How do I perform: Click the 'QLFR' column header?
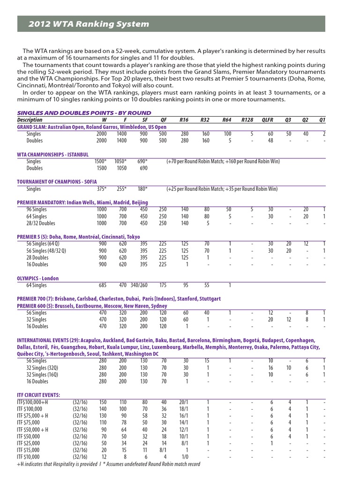267,120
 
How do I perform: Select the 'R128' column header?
247,120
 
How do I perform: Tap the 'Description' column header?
30,120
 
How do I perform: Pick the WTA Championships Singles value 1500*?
100,161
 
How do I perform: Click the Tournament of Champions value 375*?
100,189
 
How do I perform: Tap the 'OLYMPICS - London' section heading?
38,278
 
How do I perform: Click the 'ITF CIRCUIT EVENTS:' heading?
38,395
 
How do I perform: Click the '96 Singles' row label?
37,210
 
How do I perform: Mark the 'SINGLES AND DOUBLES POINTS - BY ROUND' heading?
84,113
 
